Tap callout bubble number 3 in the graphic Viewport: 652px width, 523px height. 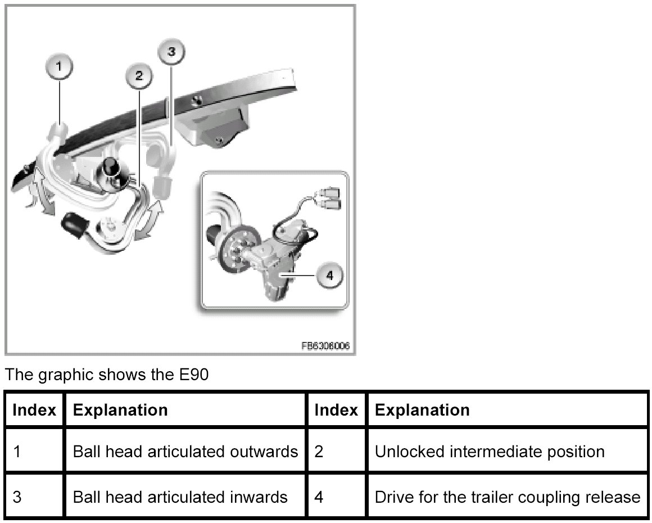172,52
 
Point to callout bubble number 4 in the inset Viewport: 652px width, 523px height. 329,275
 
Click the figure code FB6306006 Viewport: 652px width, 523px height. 325,346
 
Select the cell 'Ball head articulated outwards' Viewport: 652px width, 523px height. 185,452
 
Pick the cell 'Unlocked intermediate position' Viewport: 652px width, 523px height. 489,452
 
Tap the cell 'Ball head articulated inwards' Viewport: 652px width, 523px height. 180,497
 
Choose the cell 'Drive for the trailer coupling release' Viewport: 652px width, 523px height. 507,497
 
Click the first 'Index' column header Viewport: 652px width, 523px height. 34,410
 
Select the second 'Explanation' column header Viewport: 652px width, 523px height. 422,410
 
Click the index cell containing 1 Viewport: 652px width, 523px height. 34,452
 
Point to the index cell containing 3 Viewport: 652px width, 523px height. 34,497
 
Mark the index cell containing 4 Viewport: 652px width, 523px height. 336,497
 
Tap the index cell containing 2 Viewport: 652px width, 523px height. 336,452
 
